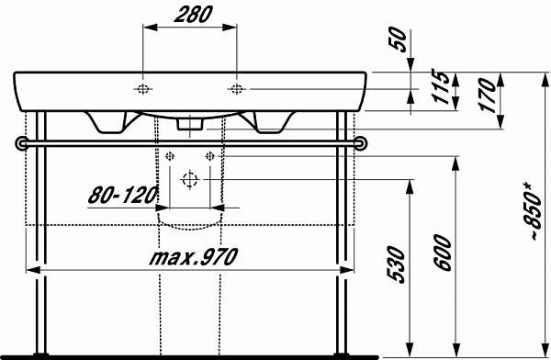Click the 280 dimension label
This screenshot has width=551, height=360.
coord(193,15)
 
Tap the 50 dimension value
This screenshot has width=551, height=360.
coord(399,39)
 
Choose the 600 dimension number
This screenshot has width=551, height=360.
coord(443,253)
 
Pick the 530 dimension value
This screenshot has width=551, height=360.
coord(397,264)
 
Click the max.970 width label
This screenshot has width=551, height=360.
coord(194,256)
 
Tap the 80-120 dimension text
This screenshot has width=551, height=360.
coord(123,195)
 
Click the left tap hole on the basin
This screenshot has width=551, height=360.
coord(142,89)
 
